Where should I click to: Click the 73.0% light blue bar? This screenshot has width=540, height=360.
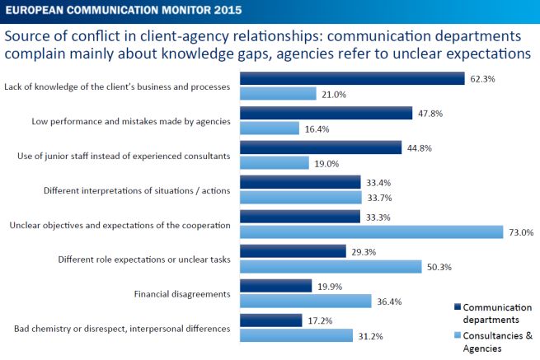[371, 232]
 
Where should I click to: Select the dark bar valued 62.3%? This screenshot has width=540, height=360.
[352, 78]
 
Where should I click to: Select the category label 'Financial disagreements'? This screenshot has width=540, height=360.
[181, 293]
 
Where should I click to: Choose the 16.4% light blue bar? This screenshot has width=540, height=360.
[269, 129]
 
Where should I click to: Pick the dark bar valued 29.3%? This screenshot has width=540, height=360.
[293, 251]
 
